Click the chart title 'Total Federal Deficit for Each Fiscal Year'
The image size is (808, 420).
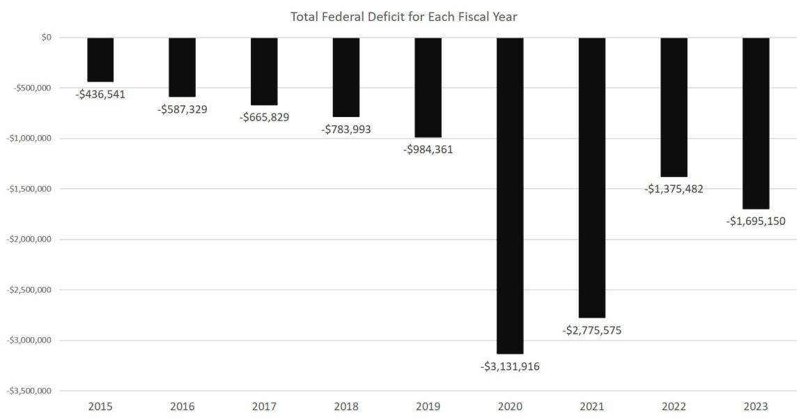click(403, 16)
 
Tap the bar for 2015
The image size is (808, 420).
click(100, 59)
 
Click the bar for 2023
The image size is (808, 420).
click(756, 123)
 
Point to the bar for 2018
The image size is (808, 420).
click(346, 77)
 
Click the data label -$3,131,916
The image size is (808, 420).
click(510, 366)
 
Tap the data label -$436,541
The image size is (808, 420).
click(100, 94)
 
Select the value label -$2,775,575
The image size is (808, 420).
click(592, 330)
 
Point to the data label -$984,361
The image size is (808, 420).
click(428, 149)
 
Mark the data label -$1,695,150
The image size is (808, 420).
click(756, 221)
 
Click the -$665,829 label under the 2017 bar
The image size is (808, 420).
click(264, 117)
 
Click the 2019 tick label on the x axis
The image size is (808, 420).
click(428, 406)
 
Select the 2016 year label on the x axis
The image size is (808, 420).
click(182, 406)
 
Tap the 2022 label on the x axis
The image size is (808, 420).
click(674, 406)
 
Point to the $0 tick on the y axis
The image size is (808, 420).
click(47, 38)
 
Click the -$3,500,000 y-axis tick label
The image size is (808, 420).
click(29, 391)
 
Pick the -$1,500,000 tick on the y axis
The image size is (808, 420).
click(29, 189)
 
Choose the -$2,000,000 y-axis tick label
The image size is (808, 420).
click(29, 240)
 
